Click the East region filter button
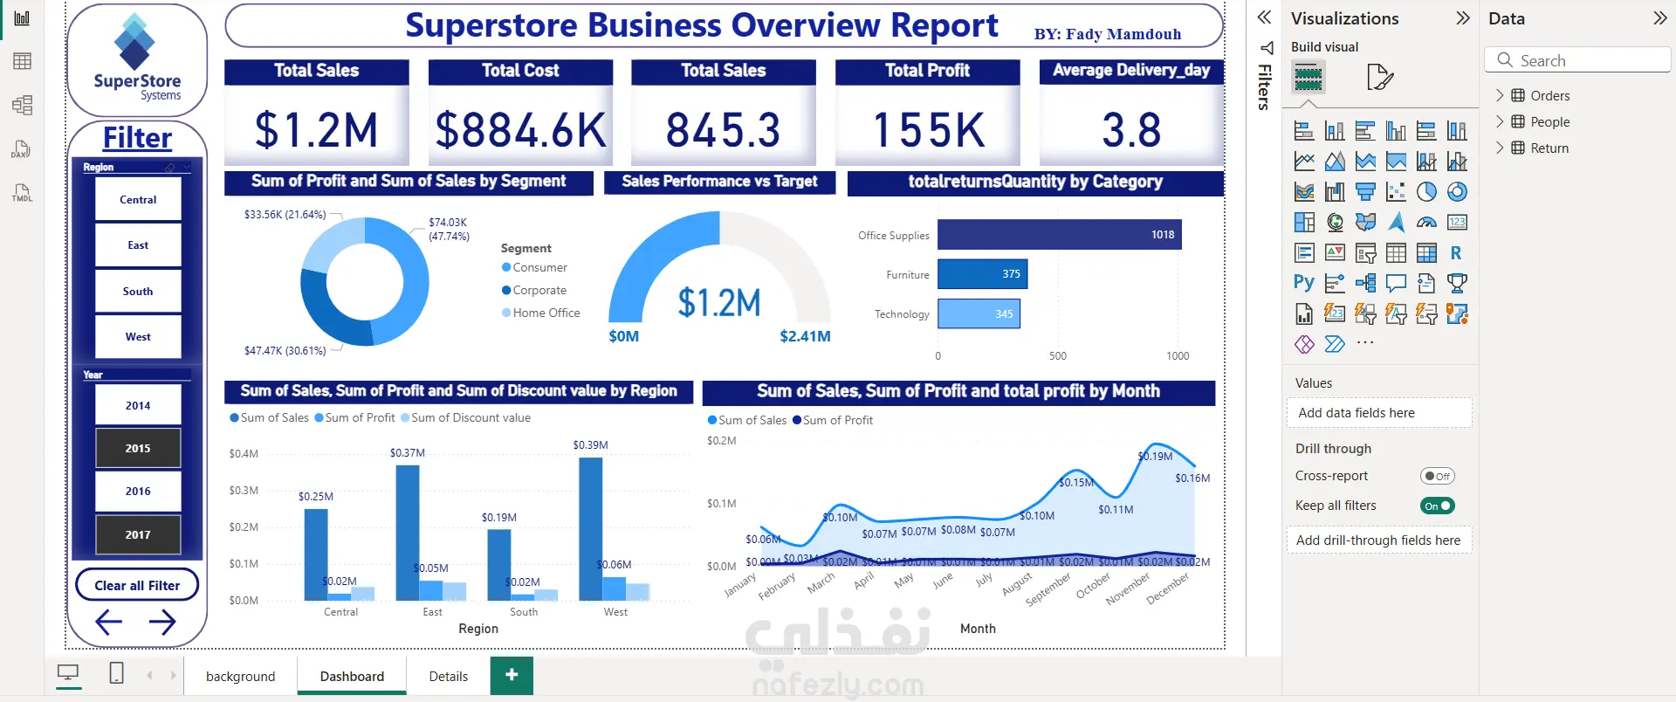pos(138,245)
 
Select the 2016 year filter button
pos(138,492)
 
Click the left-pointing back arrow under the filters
pos(108,622)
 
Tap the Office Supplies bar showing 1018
pos(1059,235)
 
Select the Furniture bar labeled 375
pos(982,274)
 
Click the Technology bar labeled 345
pos(979,313)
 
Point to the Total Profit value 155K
pos(928,130)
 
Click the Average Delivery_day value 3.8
pos(1131,130)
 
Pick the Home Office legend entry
pos(546,313)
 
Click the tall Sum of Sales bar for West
pos(591,528)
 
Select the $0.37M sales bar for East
pos(408,533)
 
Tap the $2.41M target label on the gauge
pos(805,336)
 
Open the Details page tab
pos(448,676)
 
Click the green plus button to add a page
pos(512,675)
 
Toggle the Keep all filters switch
pos(1437,506)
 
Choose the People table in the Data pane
pos(1549,122)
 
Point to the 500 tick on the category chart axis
pos(1058,356)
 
